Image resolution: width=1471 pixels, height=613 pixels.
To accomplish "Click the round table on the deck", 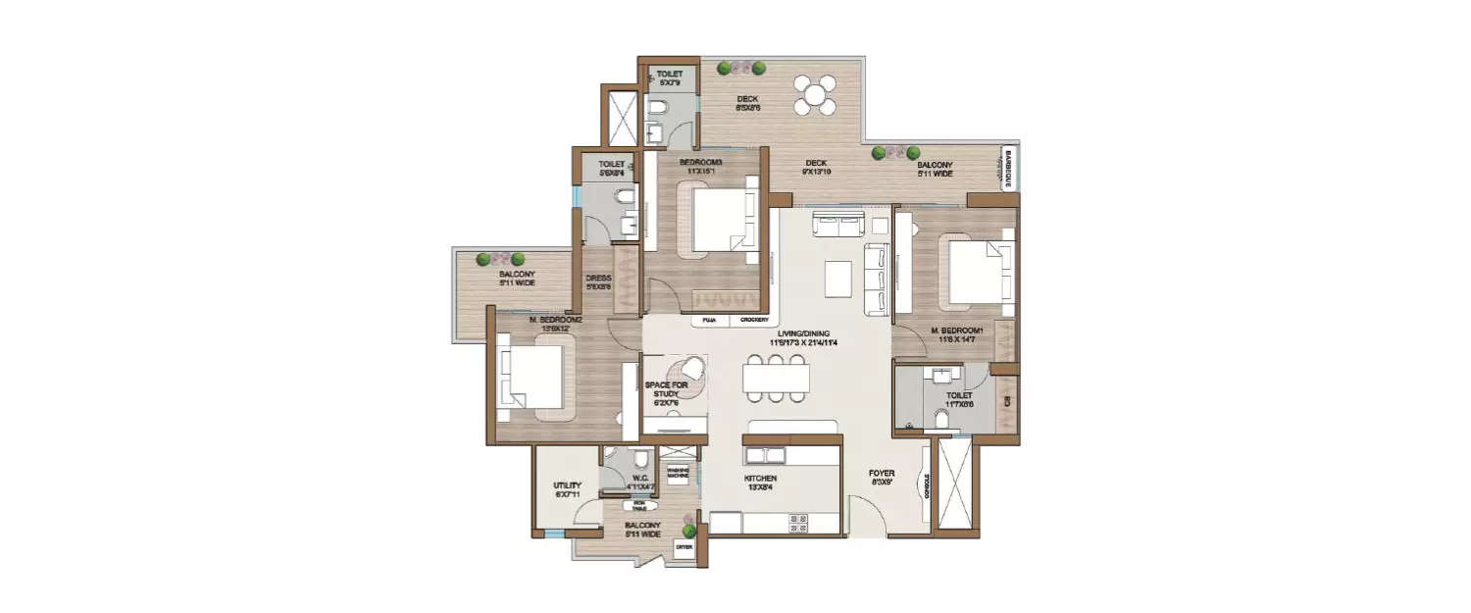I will [x=815, y=94].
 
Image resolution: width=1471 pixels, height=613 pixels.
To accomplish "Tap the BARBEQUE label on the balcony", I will [x=1007, y=169].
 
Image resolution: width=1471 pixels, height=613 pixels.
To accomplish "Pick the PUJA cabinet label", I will [x=707, y=320].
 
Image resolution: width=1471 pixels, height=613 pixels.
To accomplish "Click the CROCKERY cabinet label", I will [x=754, y=320].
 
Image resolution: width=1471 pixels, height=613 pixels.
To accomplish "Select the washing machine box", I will [x=678, y=474].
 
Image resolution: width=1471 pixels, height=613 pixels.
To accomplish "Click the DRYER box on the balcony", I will [x=684, y=547].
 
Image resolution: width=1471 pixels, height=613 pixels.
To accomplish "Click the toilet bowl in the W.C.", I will [x=639, y=460].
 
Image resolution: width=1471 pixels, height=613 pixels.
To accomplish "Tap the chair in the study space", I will [x=692, y=368].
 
